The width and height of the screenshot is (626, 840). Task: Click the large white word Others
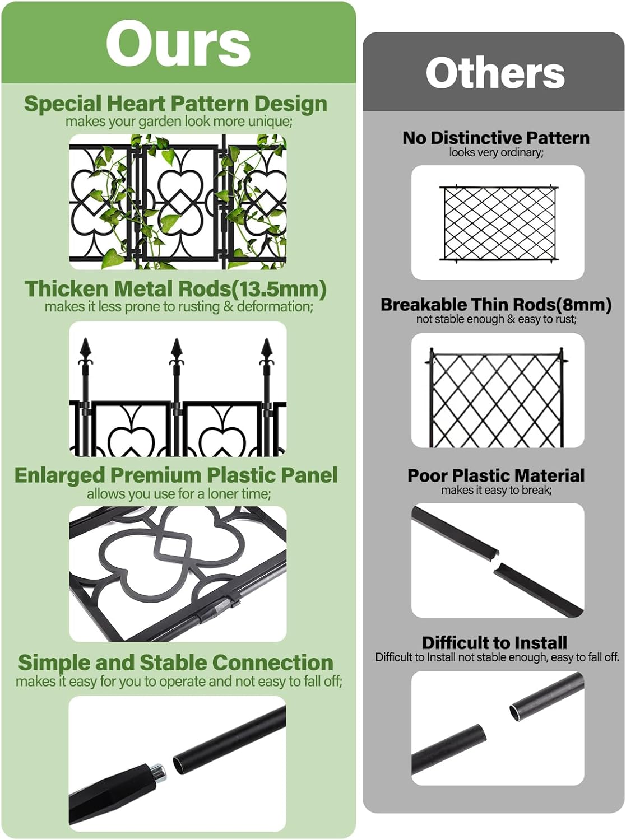495,73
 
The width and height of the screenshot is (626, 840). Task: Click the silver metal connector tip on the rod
159,771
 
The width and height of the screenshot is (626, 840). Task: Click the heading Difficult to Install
494,642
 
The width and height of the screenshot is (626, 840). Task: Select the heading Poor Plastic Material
496,475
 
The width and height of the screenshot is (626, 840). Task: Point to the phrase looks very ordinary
496,152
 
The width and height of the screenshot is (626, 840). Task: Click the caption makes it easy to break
496,490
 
